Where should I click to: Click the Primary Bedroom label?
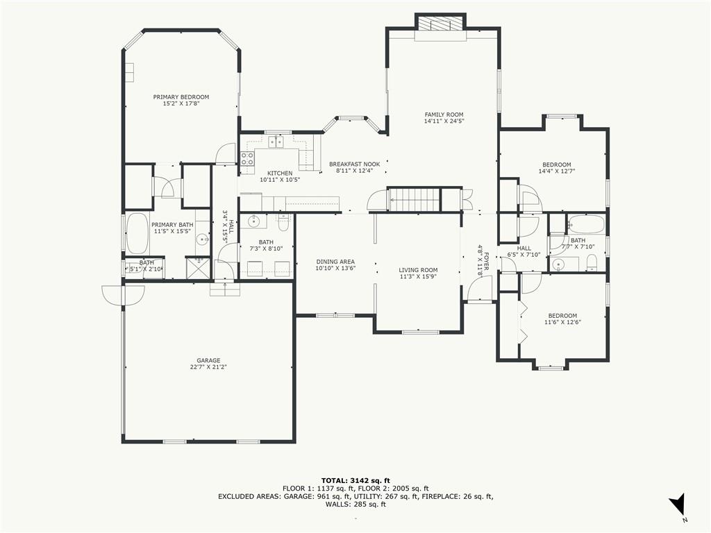click(x=181, y=97)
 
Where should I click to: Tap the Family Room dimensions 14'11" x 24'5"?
click(x=444, y=121)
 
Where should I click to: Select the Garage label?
click(x=208, y=361)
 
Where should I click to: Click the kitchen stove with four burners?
click(x=247, y=158)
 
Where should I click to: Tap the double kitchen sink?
click(x=276, y=142)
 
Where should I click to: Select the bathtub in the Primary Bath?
click(x=137, y=234)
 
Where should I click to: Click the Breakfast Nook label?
click(x=355, y=164)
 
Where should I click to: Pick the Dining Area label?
click(x=335, y=262)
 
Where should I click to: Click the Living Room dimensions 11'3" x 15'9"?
click(x=418, y=276)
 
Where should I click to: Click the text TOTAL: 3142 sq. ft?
click(x=355, y=480)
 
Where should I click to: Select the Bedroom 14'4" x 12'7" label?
click(x=557, y=164)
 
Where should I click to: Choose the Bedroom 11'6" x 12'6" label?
click(x=562, y=316)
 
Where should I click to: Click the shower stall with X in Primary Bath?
click(x=198, y=267)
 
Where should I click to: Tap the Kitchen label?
click(x=280, y=173)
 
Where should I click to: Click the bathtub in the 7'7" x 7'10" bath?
click(x=586, y=224)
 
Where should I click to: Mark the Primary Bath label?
click(x=172, y=225)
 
